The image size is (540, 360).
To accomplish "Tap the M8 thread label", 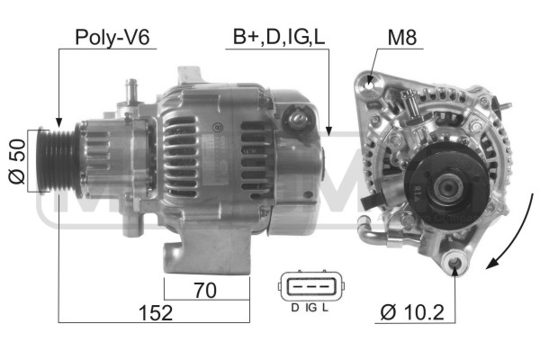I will tap(402, 37).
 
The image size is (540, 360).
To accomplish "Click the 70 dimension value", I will tap(207, 290).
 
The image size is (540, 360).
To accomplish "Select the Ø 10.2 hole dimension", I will tap(413, 312).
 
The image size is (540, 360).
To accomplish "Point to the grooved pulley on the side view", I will tap(61, 162).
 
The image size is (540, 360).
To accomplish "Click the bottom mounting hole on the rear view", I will tap(454, 264).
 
